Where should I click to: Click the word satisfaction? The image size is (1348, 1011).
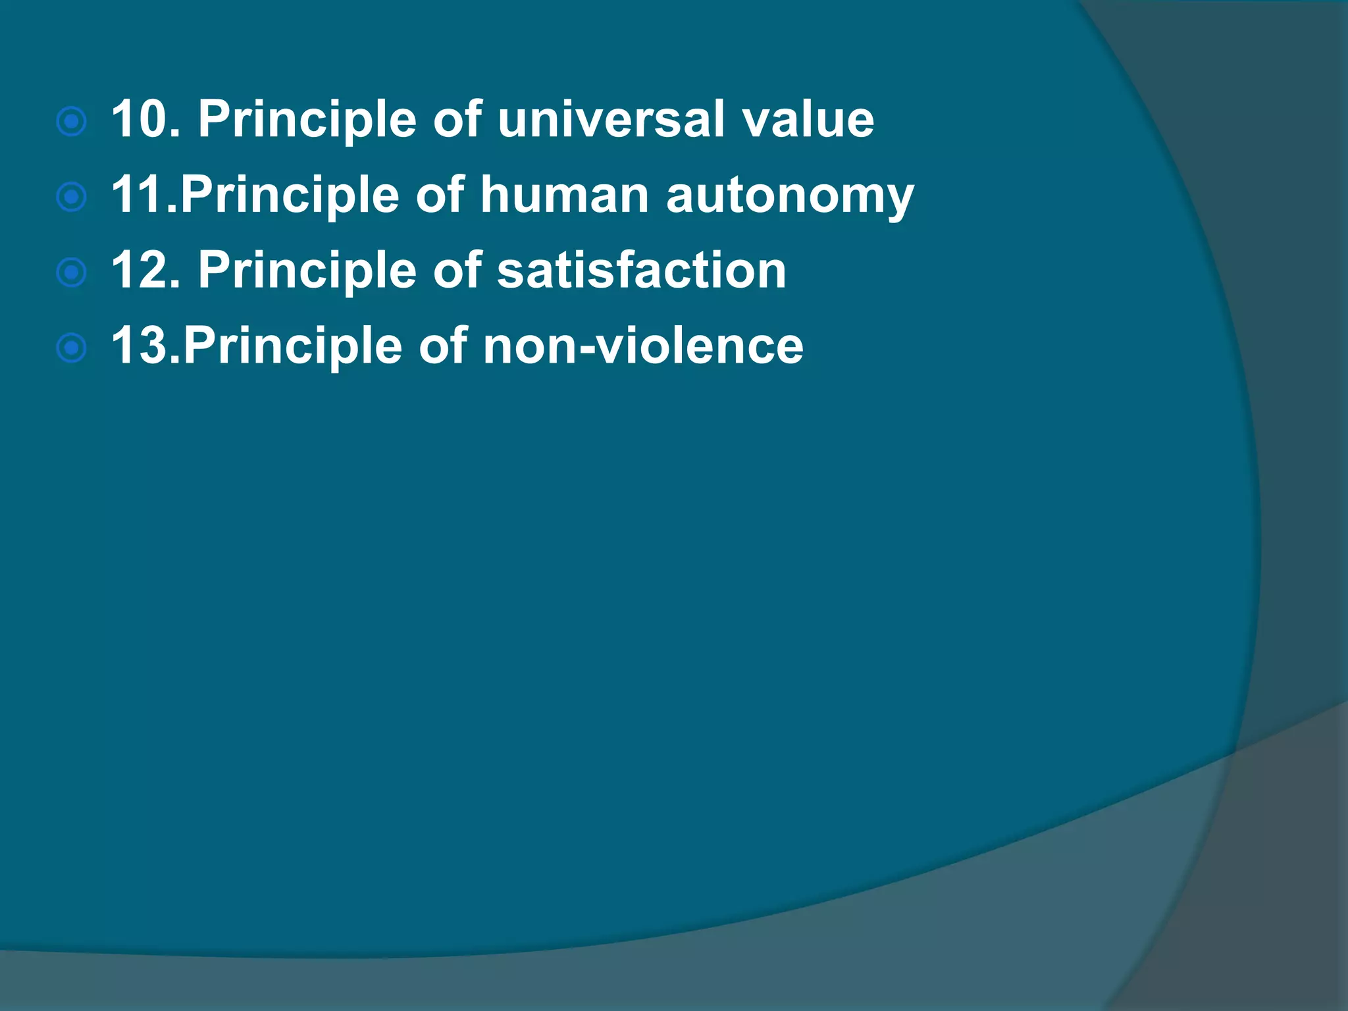641,271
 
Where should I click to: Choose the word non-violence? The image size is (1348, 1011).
643,346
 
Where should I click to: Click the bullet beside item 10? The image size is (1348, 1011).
72,122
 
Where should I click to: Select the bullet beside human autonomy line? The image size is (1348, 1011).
72,197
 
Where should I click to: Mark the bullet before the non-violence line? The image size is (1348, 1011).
72,349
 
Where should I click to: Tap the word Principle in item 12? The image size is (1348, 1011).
307,271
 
